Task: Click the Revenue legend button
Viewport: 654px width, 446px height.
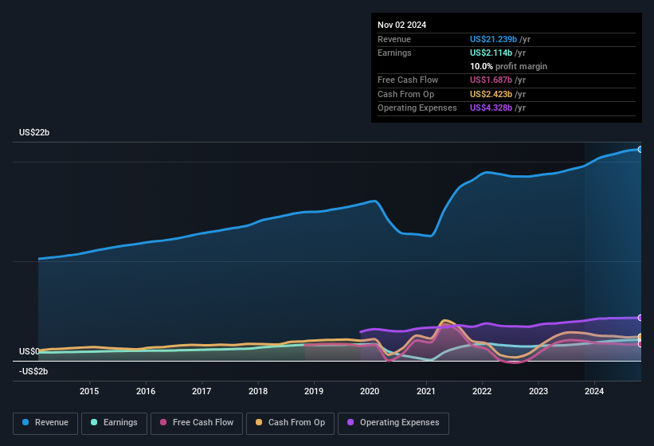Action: pos(46,423)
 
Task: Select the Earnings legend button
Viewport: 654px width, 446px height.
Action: pos(114,423)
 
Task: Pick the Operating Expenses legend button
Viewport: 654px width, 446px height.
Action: pos(394,423)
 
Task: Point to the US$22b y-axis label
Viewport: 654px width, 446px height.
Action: pos(34,132)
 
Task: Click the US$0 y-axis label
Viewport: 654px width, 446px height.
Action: pos(29,351)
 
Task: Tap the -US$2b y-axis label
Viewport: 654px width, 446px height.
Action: pos(34,371)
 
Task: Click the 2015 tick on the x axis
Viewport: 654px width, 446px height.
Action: pos(89,391)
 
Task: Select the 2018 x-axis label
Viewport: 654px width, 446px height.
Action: pos(258,391)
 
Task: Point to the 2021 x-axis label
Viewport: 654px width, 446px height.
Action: pos(426,391)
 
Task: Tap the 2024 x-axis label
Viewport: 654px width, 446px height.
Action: pos(594,391)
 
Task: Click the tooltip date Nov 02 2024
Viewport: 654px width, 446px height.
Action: pos(401,25)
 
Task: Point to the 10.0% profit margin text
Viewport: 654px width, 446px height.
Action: pos(508,66)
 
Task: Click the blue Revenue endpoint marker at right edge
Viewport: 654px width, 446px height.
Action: pos(640,149)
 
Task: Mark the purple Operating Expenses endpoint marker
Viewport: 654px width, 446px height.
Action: pos(640,318)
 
